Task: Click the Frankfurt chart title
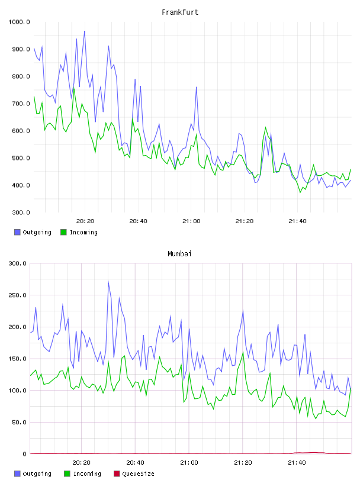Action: [x=180, y=12]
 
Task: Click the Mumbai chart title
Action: [x=179, y=254]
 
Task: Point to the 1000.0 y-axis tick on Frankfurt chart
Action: [x=19, y=22]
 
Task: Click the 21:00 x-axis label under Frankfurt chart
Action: [x=191, y=221]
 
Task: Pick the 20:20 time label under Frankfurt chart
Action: [x=85, y=221]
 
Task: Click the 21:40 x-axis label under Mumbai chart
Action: [x=297, y=463]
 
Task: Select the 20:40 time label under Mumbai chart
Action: [x=135, y=463]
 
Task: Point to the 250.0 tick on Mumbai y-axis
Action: [x=17, y=295]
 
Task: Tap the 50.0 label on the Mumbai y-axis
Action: [x=19, y=422]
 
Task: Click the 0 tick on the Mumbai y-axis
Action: [x=25, y=454]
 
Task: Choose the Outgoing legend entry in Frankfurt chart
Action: [x=33, y=232]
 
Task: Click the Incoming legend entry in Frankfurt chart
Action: [x=79, y=232]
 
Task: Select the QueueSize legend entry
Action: [x=134, y=474]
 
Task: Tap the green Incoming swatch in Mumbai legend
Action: [x=67, y=474]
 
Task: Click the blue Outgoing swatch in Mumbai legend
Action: [x=17, y=474]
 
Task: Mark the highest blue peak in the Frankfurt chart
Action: [x=85, y=31]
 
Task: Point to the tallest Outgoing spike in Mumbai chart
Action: [x=108, y=281]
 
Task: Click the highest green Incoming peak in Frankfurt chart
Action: [x=73, y=89]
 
